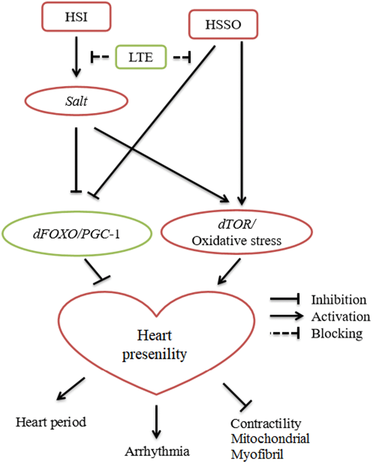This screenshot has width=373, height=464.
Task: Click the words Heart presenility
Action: coord(155,345)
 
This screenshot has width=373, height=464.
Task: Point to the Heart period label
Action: coord(51,422)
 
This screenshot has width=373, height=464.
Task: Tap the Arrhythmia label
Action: coord(157,452)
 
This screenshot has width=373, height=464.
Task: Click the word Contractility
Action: coord(266,423)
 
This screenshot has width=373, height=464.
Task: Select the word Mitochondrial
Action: coord(270,438)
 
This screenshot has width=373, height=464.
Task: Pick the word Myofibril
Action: coord(257,454)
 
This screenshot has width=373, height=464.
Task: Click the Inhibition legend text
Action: coord(339,300)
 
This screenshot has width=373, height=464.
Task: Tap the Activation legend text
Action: coord(340,316)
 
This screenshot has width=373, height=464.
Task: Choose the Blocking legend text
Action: coord(337,333)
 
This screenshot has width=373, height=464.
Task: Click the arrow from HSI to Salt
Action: coord(76,57)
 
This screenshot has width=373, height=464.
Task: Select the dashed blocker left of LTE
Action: coord(100,57)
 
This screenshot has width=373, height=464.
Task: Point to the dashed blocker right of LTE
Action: coord(182,57)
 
